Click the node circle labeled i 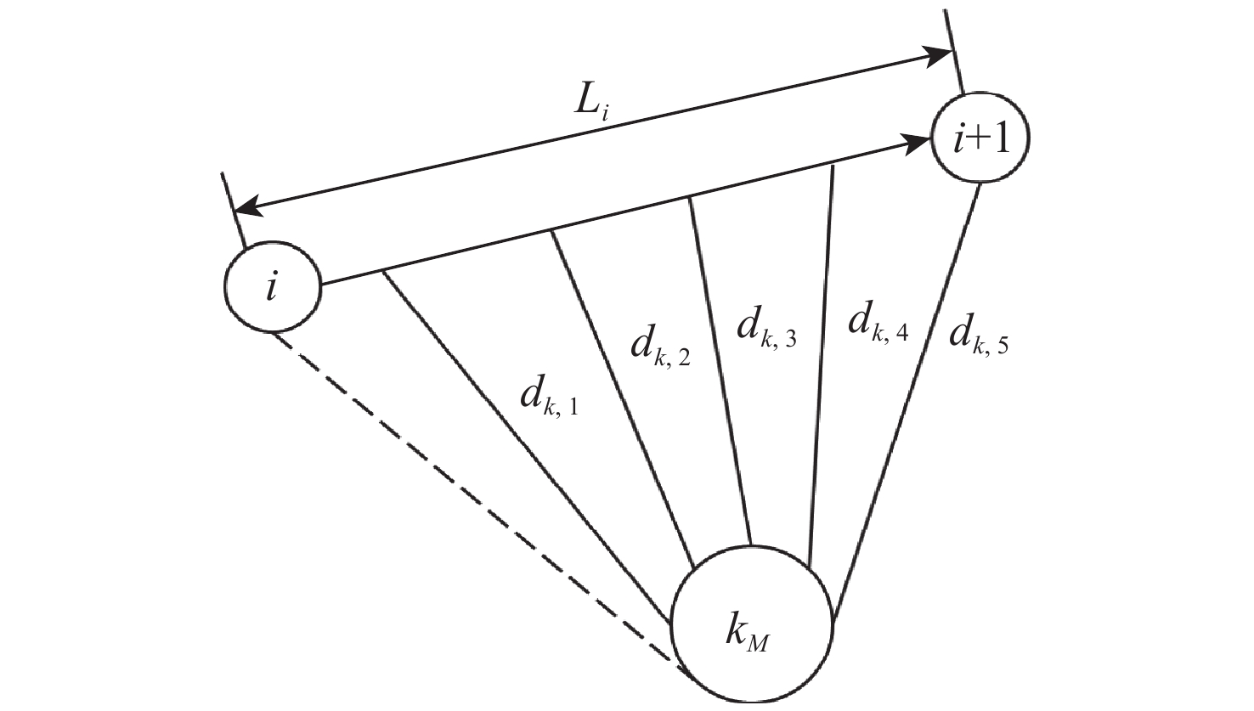(x=273, y=289)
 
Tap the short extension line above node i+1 (x=954, y=51)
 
